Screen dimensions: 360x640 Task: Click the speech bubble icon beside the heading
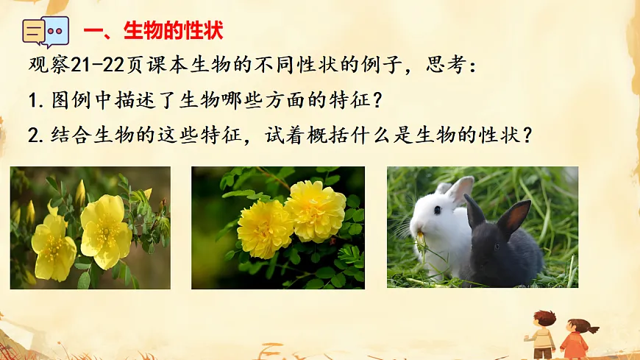click(x=46, y=32)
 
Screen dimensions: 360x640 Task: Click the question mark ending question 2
click(x=525, y=135)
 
